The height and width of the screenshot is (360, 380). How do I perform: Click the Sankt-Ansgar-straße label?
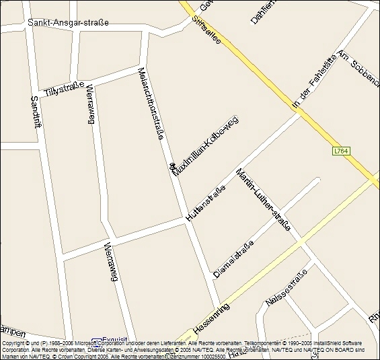click(68, 22)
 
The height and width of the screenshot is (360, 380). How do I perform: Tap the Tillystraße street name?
click(64, 88)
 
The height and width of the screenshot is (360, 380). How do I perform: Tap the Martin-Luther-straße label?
click(263, 200)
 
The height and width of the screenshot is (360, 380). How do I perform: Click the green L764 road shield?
click(342, 152)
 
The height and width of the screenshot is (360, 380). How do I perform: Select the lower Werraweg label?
click(110, 262)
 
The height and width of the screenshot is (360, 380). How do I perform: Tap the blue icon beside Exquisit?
click(96, 341)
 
